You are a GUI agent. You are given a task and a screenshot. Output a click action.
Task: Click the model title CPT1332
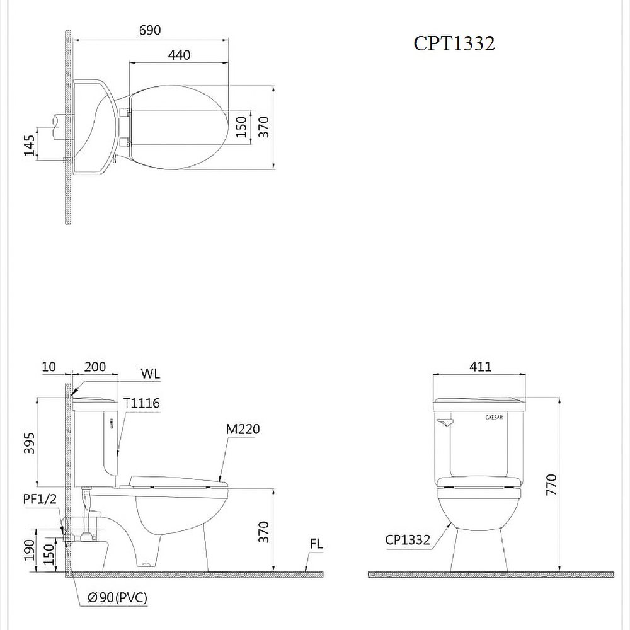[x=454, y=43]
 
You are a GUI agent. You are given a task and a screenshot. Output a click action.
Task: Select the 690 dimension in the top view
[x=150, y=30]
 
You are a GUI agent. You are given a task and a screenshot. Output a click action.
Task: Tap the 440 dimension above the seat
[x=179, y=55]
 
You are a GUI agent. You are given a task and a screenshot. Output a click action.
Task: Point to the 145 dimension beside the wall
[x=29, y=145]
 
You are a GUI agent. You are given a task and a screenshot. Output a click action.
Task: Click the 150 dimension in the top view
[x=241, y=127]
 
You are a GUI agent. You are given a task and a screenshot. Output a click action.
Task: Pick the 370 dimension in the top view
[x=263, y=127]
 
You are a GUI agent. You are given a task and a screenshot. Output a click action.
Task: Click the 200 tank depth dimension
[x=95, y=367]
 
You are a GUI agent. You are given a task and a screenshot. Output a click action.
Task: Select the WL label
[x=151, y=374]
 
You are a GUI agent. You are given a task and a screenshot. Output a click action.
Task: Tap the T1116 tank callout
[x=141, y=403]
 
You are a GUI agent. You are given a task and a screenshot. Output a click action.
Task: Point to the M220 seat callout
[x=243, y=429]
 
